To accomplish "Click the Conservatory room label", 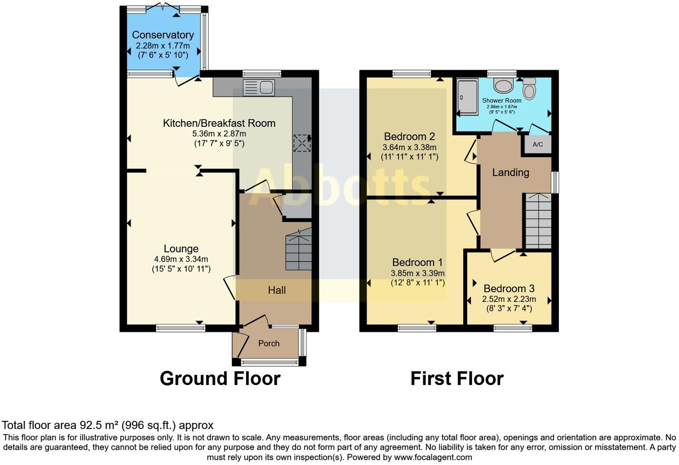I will point(163,35).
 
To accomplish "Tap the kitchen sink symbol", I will point(259,88).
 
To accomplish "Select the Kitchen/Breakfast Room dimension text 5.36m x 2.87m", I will point(219,134).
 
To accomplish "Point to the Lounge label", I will point(181,249).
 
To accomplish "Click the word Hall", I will point(277,290).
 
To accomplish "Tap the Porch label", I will point(268,343).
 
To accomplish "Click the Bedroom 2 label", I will point(409,137).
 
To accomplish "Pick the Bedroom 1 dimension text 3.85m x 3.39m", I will point(418,273).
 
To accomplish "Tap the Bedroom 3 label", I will point(509,289).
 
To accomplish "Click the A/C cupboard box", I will point(538,144).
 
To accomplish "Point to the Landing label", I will point(511,172).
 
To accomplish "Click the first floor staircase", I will point(538,221).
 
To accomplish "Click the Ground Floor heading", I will point(220,378).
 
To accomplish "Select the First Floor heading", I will point(457,378).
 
